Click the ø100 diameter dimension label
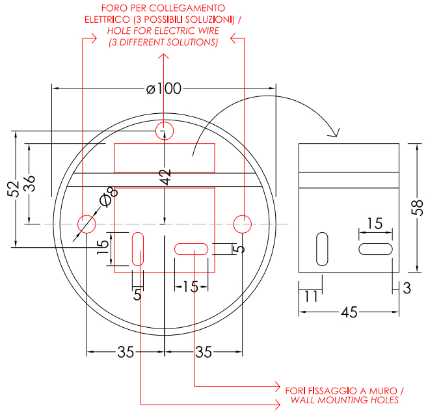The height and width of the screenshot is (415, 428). (x=164, y=88)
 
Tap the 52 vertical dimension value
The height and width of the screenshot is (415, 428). (x=13, y=189)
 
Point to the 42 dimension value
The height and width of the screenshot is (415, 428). (x=165, y=177)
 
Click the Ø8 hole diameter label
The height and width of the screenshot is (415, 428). (x=109, y=197)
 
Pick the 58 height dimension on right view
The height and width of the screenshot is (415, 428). (x=418, y=207)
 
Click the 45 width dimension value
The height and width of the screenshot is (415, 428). (x=349, y=312)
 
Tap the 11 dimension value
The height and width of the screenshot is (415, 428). (x=311, y=296)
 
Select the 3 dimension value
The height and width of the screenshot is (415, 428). (x=407, y=288)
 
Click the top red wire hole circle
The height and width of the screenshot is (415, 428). (x=165, y=131)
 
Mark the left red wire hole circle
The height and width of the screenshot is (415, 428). (x=87, y=224)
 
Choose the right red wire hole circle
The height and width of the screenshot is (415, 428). (x=243, y=224)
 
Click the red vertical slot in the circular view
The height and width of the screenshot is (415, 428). (x=138, y=249)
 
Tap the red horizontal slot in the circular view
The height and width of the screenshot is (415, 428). (x=191, y=249)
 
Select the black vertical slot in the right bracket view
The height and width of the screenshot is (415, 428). (x=322, y=249)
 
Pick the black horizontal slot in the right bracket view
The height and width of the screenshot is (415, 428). (x=375, y=249)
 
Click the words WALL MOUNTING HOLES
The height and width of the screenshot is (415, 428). (x=345, y=400)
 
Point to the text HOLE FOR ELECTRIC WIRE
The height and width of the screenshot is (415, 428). (x=163, y=31)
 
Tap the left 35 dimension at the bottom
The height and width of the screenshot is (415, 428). (x=126, y=352)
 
